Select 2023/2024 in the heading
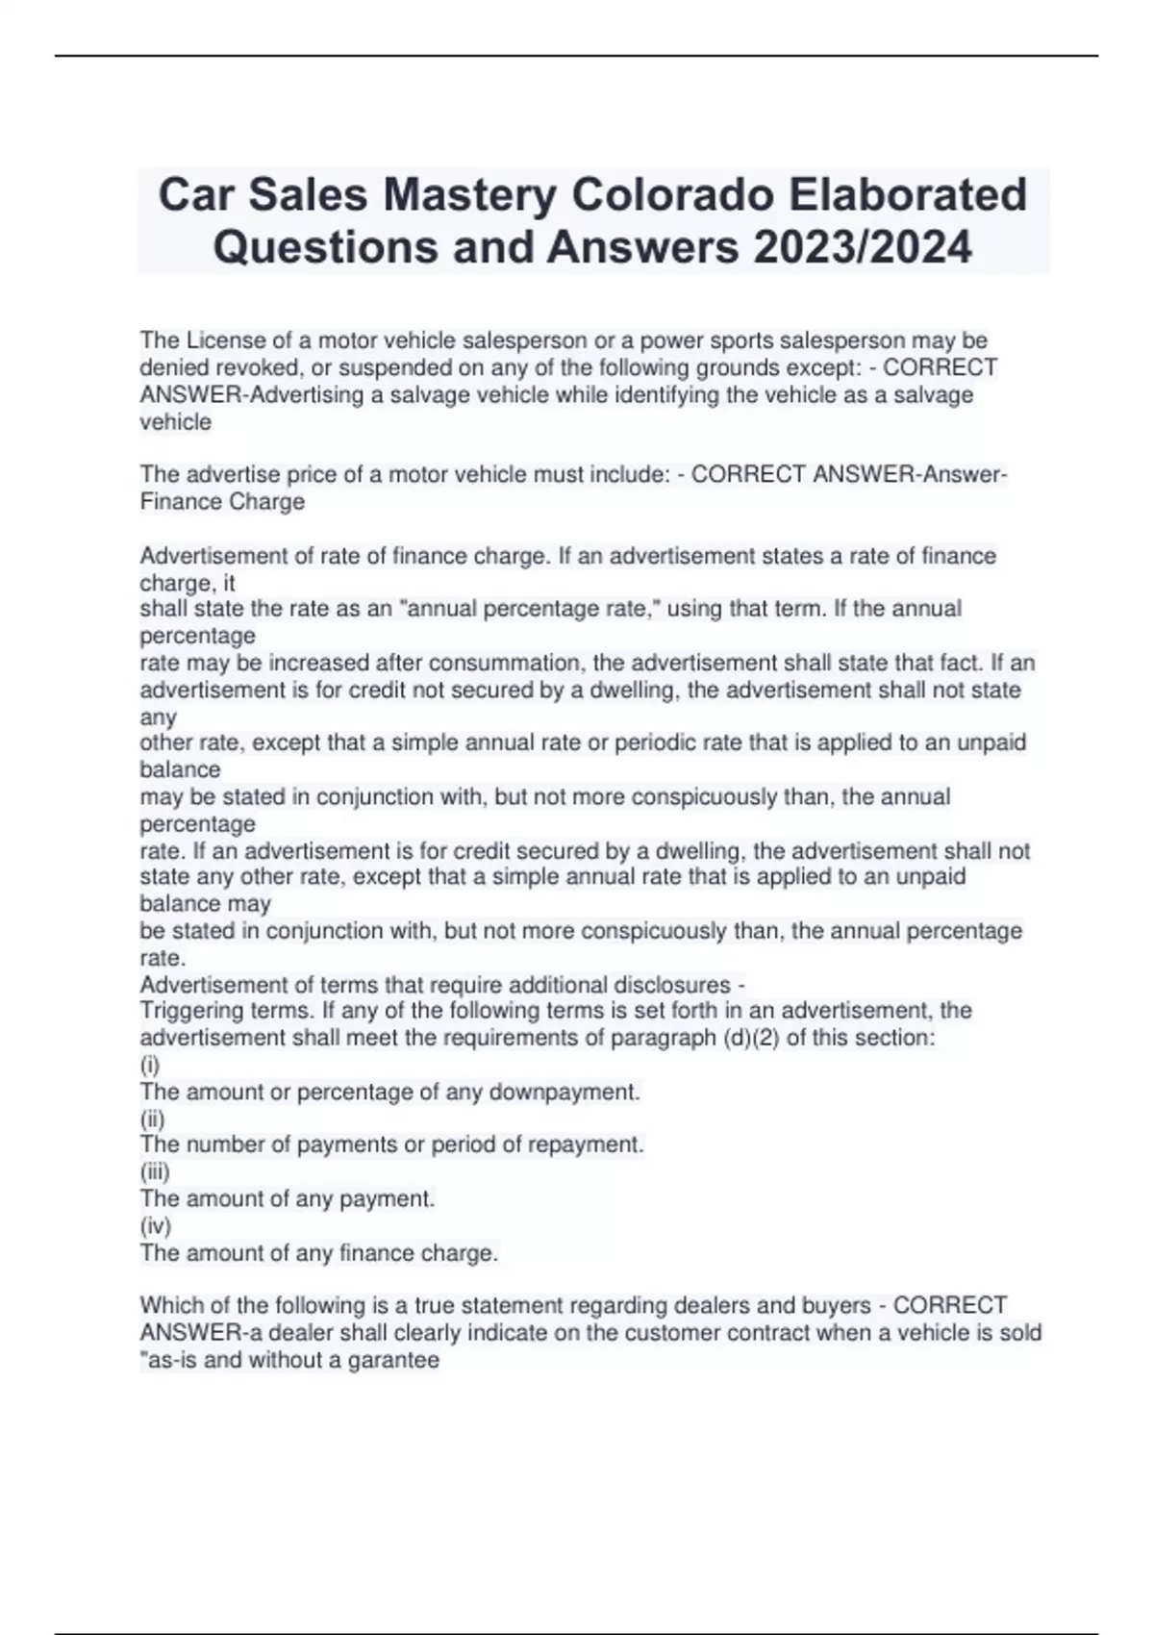click(863, 247)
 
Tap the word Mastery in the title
click(469, 195)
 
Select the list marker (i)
click(150, 1065)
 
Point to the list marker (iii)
click(155, 1171)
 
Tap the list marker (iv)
click(156, 1225)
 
